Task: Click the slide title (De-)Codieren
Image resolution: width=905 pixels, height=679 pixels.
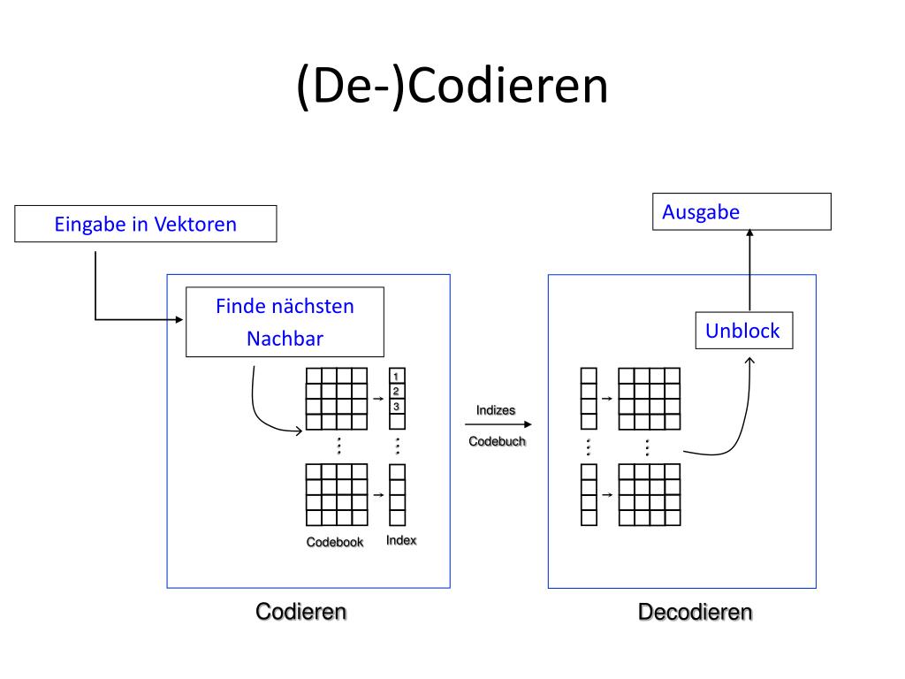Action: pyautogui.click(x=452, y=87)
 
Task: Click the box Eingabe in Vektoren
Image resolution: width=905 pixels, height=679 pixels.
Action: pyautogui.click(x=146, y=224)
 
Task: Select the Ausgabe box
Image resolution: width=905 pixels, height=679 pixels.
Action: pyautogui.click(x=741, y=212)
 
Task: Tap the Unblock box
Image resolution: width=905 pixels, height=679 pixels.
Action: pyautogui.click(x=742, y=331)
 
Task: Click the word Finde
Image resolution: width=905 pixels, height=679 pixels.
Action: pyautogui.click(x=241, y=307)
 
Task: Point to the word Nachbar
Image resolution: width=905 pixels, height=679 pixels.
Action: pyautogui.click(x=285, y=339)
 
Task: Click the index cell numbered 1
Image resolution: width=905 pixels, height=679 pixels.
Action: pyautogui.click(x=397, y=377)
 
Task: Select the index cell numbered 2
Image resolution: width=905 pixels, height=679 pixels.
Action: pyautogui.click(x=397, y=391)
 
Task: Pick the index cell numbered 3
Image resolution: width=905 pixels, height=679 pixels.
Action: pyautogui.click(x=397, y=406)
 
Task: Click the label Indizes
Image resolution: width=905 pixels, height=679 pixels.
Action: pyautogui.click(x=496, y=410)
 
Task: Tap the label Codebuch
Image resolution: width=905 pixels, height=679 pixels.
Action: pyautogui.click(x=497, y=441)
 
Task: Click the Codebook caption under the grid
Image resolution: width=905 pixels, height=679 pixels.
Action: pyautogui.click(x=335, y=542)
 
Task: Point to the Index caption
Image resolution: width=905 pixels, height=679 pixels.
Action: pyautogui.click(x=401, y=540)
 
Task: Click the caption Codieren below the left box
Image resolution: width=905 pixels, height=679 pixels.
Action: pyautogui.click(x=300, y=611)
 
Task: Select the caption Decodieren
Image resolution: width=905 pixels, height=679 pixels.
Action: pyautogui.click(x=696, y=612)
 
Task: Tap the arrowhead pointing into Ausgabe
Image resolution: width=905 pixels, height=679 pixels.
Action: pyautogui.click(x=749, y=233)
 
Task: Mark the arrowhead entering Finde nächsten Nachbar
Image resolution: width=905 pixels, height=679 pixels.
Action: pyautogui.click(x=180, y=318)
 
